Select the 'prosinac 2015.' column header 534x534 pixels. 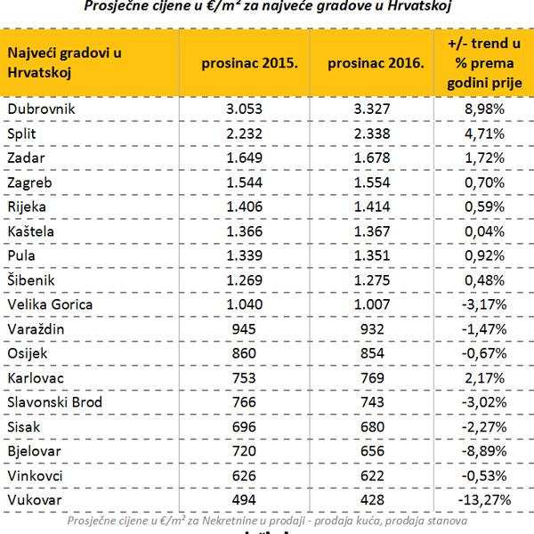pos(248,64)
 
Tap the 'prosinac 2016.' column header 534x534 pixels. pos(375,64)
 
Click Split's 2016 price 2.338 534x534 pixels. pos(375,133)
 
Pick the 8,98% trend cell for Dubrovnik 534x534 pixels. pos(486,109)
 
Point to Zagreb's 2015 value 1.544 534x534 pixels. pos(248,182)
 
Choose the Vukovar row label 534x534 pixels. pos(34,500)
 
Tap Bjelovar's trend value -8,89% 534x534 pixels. pos(486,451)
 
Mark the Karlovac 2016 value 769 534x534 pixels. pos(375,378)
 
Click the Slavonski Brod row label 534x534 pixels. pos(55,402)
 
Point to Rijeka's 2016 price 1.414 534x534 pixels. pos(375,206)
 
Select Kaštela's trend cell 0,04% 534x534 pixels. pos(486,231)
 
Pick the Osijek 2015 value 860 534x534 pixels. pos(248,353)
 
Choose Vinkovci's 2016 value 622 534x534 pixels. pos(375,476)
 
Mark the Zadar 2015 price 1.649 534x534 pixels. pos(248,158)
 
